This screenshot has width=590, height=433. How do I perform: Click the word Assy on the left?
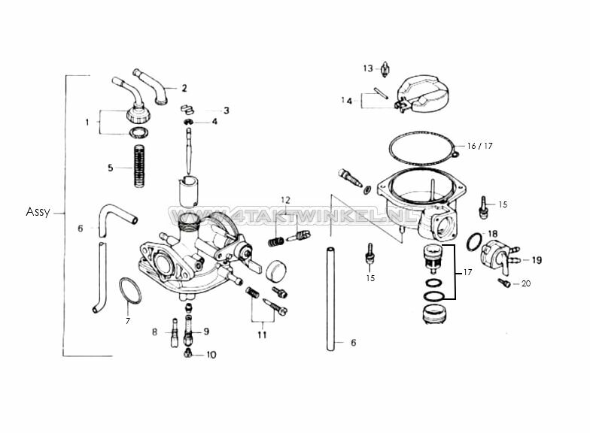coord(37,212)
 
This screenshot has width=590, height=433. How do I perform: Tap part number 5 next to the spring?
coord(110,168)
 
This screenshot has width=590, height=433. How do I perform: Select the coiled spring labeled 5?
coord(138,167)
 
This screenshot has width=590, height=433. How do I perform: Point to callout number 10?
coord(211,355)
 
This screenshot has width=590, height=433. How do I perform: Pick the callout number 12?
coord(285,200)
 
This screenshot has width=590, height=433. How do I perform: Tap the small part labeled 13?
coord(385,69)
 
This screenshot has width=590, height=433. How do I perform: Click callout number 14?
coord(346,100)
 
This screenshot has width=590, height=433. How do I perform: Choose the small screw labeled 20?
coord(504,283)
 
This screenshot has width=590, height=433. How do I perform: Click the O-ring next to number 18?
coord(474,242)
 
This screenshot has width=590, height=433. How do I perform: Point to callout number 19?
coord(537,260)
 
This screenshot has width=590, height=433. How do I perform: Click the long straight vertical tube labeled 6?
coord(330,298)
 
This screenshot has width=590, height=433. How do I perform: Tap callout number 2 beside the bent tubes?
coord(184,88)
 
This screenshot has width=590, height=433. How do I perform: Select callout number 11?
coord(261,335)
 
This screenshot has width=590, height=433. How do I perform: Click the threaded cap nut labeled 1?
coord(138,115)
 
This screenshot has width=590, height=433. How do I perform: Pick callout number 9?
coord(205,331)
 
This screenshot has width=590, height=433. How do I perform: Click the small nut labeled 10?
coord(187,354)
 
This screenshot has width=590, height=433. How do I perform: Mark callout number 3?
coord(226,110)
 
